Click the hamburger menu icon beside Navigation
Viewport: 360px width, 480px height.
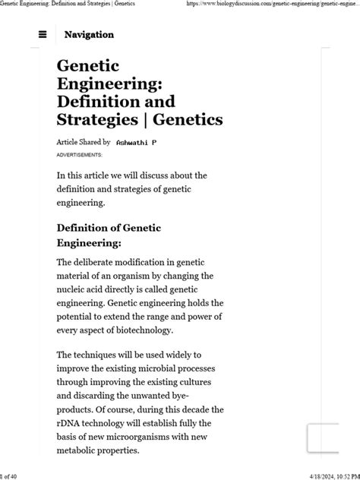(x=43, y=34)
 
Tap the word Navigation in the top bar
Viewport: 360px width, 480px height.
(x=89, y=34)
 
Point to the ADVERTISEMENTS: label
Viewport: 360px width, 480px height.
(x=79, y=155)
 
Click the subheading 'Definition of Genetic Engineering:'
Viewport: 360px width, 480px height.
(x=109, y=235)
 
